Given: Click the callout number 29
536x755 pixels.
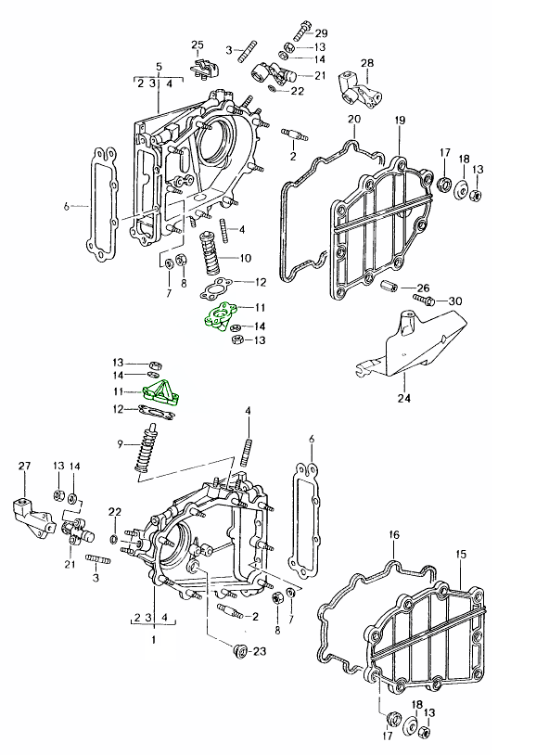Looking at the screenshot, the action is click(x=321, y=33).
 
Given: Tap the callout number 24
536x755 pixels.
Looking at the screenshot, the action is click(x=404, y=398).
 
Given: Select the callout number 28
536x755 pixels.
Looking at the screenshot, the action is click(x=367, y=63).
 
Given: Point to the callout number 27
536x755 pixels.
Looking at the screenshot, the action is click(x=24, y=466).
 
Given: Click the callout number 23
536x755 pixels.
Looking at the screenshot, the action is click(x=259, y=651).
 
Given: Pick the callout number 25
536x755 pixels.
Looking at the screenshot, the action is click(x=198, y=45).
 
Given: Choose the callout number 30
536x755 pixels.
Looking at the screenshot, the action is click(x=455, y=301).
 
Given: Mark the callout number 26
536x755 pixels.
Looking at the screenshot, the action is click(x=423, y=288).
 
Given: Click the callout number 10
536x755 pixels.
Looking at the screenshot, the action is click(x=245, y=258).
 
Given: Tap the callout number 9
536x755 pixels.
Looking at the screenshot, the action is click(x=120, y=444).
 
